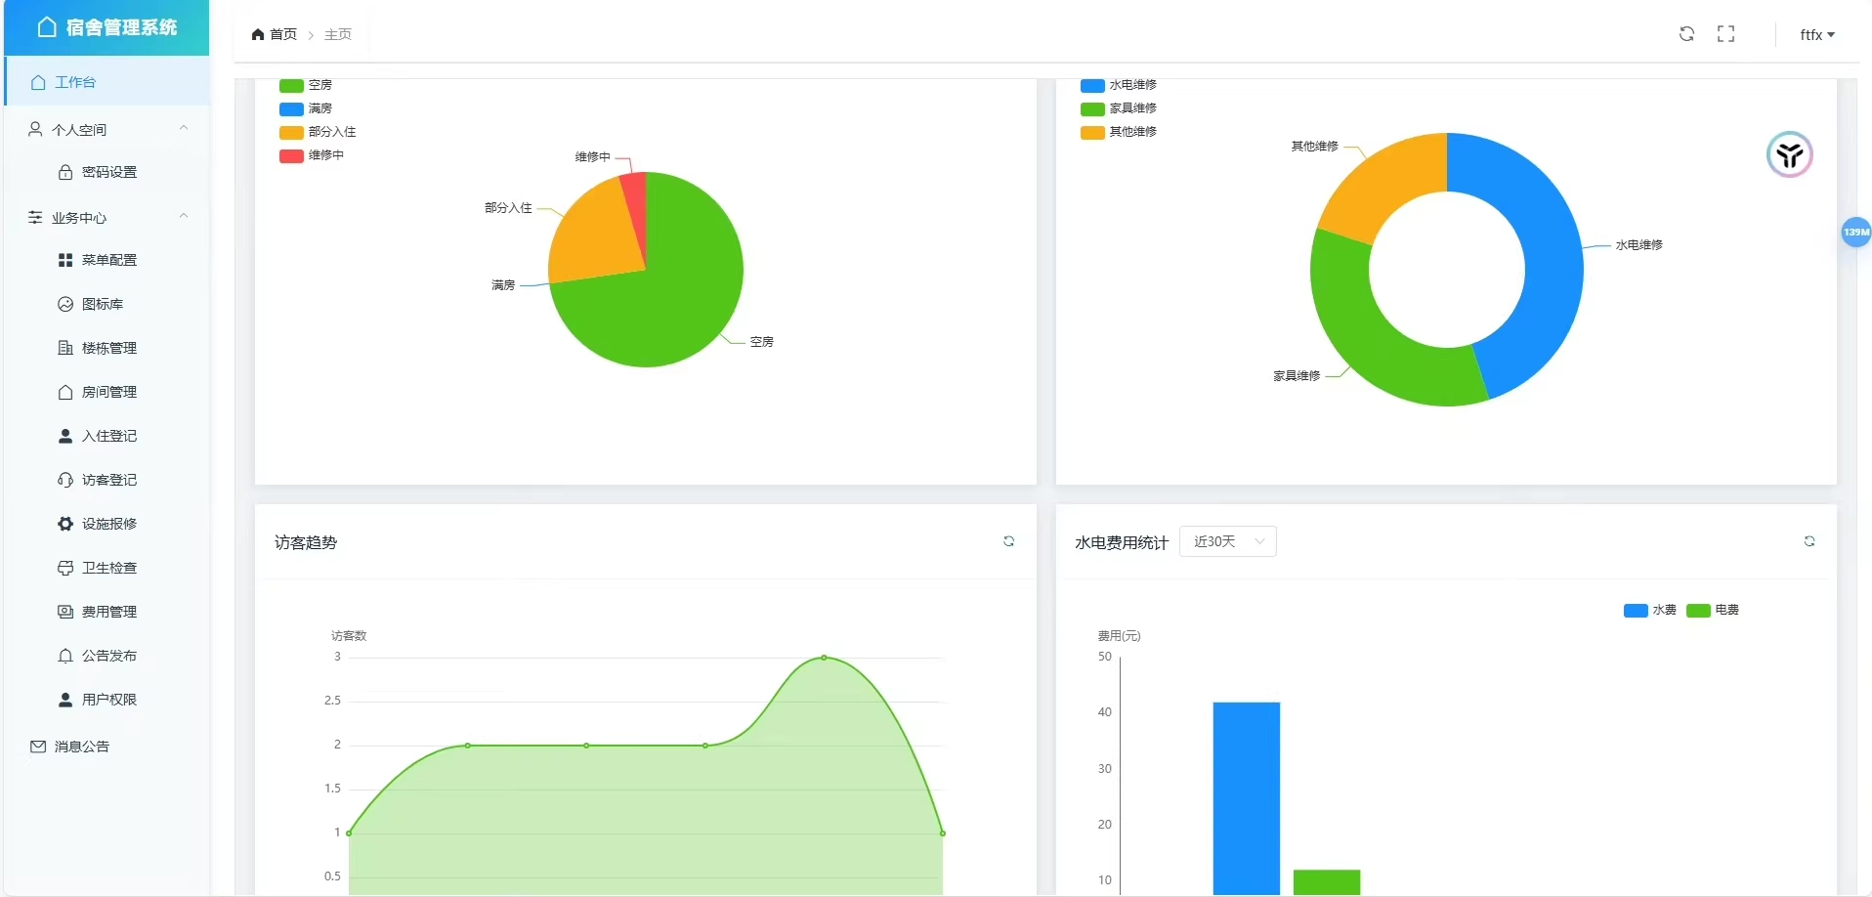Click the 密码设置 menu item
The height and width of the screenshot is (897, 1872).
[x=108, y=172]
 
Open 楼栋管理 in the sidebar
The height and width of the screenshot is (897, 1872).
[x=108, y=348]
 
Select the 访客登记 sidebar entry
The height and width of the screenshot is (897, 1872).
[x=108, y=480]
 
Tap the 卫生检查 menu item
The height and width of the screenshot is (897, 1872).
[x=108, y=568]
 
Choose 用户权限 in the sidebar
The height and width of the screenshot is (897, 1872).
[x=108, y=700]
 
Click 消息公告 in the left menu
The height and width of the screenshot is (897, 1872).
[x=81, y=747]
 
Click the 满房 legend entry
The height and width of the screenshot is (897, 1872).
[x=307, y=108]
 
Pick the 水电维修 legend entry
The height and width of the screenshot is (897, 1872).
[x=1120, y=85]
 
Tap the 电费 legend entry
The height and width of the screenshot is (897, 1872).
[x=1714, y=610]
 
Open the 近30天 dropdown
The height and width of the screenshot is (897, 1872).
[x=1227, y=541]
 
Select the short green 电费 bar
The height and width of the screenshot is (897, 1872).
[x=1326, y=881]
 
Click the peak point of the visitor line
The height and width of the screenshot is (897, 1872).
[x=824, y=658]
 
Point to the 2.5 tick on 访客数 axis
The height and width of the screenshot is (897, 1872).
[x=333, y=701]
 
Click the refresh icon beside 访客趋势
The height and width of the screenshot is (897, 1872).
[x=1008, y=541]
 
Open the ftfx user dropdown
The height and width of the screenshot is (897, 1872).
[x=1816, y=34]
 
